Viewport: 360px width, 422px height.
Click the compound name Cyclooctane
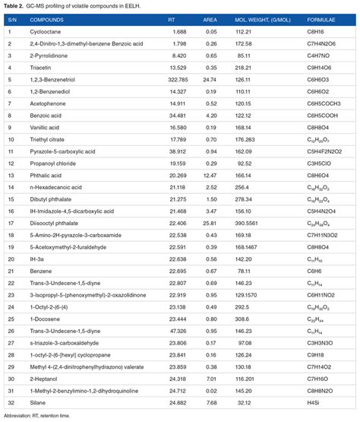tap(45, 32)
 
